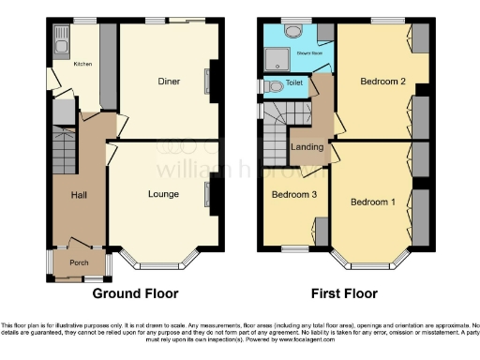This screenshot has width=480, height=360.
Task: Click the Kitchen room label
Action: click(82, 65)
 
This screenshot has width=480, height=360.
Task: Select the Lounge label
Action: click(163, 195)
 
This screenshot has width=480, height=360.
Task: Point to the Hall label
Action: click(79, 195)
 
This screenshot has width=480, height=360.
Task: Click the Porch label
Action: click(79, 262)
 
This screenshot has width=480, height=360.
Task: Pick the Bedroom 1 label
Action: click(372, 202)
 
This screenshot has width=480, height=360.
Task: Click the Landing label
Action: click(307, 146)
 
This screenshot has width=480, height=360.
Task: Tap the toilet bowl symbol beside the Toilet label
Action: click(272, 85)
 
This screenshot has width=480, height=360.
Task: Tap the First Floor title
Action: click(347, 293)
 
